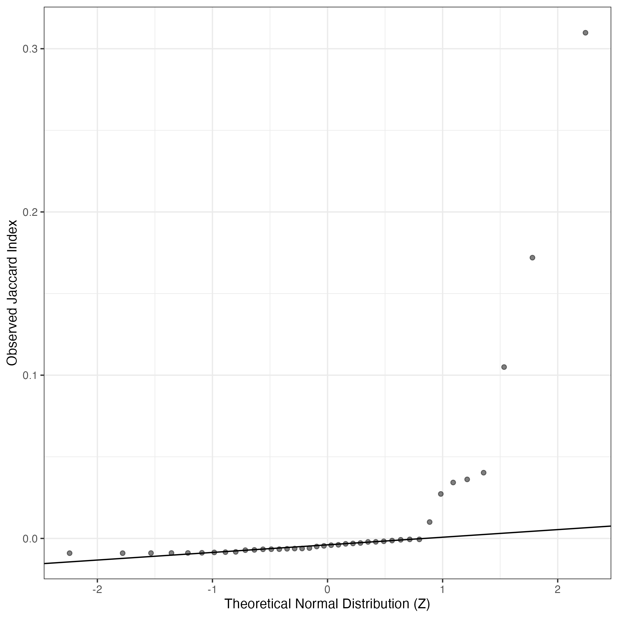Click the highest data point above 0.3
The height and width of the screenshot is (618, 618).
(585, 33)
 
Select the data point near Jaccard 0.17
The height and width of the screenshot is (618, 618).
(532, 258)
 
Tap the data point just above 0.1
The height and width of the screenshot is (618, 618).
(504, 367)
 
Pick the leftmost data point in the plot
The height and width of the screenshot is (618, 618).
(69, 553)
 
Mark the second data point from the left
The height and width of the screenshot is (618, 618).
(122, 553)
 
